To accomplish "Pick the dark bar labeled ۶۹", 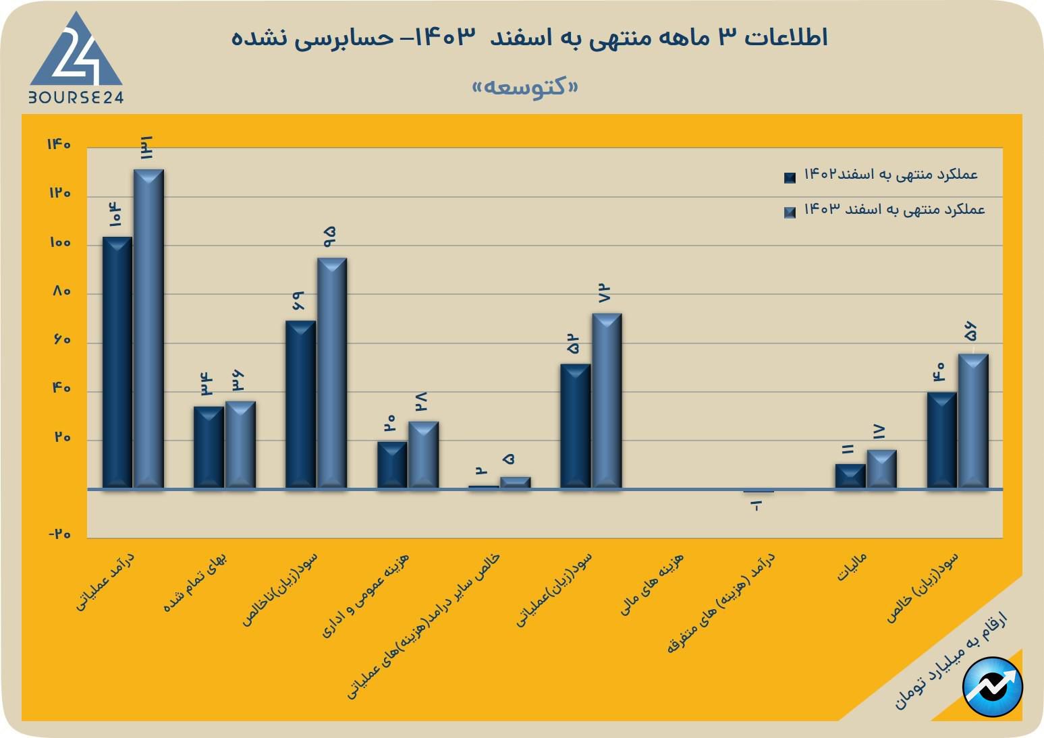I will [x=300, y=404].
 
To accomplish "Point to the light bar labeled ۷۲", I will [x=607, y=401].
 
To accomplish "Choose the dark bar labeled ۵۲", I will [x=575, y=426].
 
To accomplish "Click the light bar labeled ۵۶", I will [x=973, y=421].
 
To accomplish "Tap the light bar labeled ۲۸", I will [x=423, y=455].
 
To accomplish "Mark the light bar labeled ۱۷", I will [x=881, y=469].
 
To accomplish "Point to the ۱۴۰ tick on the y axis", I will [x=59, y=144].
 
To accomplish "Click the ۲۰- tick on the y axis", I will [x=59, y=534].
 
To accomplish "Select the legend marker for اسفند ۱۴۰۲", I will [x=790, y=177].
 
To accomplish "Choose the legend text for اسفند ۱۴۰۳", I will [x=894, y=210].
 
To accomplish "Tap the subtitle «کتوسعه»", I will [x=526, y=87].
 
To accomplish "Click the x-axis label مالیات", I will [x=851, y=567].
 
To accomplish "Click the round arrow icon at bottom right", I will [x=993, y=687].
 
